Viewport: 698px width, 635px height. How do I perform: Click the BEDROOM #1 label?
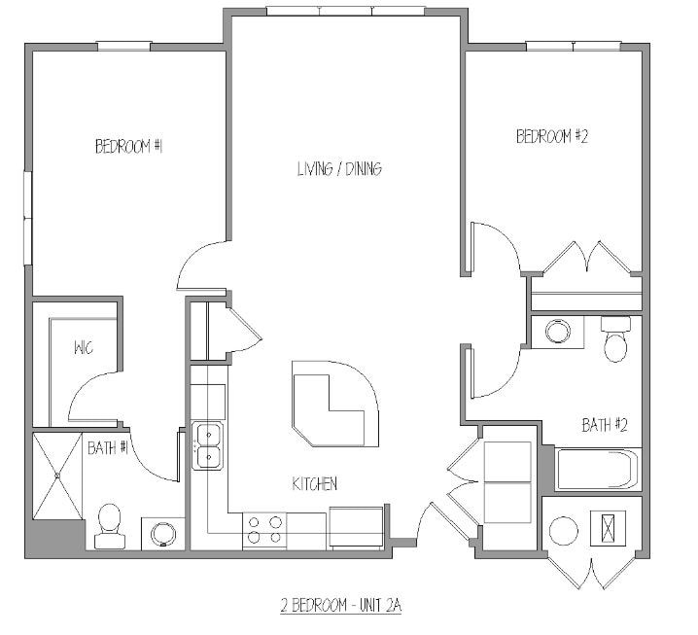point(127,147)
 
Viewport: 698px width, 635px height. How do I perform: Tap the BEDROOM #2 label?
point(552,137)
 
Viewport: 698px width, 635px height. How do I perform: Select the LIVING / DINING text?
point(339,169)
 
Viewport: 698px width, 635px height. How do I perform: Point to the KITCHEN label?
point(315,483)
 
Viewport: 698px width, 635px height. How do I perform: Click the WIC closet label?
point(83,348)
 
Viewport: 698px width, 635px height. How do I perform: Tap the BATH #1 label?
point(109,448)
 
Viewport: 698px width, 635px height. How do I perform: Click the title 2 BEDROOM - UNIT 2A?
point(335,605)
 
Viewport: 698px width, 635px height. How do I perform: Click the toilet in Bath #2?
point(616,338)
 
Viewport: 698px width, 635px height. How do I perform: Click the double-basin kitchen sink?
point(208,445)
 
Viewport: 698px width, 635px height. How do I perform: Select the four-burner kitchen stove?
point(265,530)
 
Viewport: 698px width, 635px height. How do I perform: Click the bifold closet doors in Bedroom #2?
point(586,260)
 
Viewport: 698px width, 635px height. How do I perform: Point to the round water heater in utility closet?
point(563,531)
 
